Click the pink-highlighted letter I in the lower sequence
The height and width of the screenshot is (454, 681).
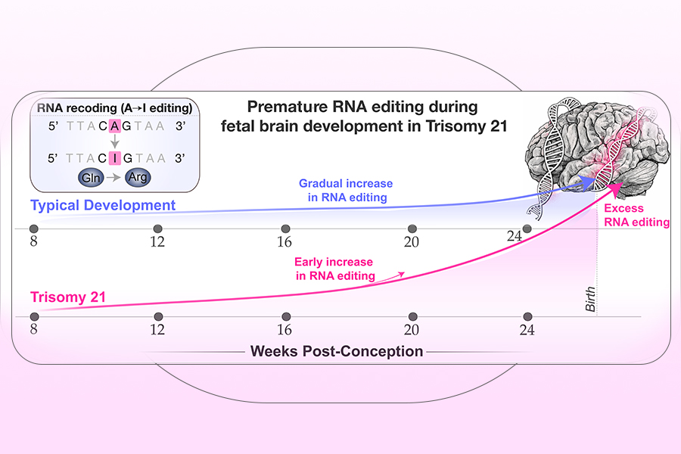(113, 160)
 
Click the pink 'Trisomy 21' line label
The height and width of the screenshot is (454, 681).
(68, 298)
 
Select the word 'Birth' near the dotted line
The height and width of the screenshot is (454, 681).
(591, 300)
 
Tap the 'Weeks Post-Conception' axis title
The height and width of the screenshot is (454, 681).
(337, 352)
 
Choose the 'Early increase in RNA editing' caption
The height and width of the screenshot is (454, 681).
(334, 269)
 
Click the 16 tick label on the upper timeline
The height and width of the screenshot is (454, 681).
(285, 243)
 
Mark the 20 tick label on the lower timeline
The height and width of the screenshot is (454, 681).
(411, 330)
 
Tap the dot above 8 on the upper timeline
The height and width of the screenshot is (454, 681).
(33, 229)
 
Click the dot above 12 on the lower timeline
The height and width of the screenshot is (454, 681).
(157, 316)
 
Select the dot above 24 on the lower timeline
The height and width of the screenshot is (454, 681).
(527, 316)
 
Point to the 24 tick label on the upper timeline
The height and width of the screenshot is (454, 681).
(515, 237)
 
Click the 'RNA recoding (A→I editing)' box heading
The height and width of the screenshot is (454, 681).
(113, 107)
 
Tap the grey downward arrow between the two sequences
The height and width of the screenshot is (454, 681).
(113, 142)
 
